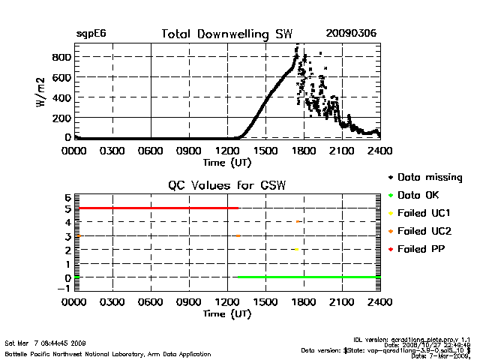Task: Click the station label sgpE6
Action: (90, 34)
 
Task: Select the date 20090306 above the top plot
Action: (351, 34)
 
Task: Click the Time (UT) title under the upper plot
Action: (228, 161)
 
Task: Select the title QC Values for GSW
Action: (228, 186)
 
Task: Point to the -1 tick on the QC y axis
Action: (66, 292)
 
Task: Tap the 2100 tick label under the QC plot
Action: (342, 303)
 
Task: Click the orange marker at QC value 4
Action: (298, 222)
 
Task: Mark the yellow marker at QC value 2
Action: (297, 250)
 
